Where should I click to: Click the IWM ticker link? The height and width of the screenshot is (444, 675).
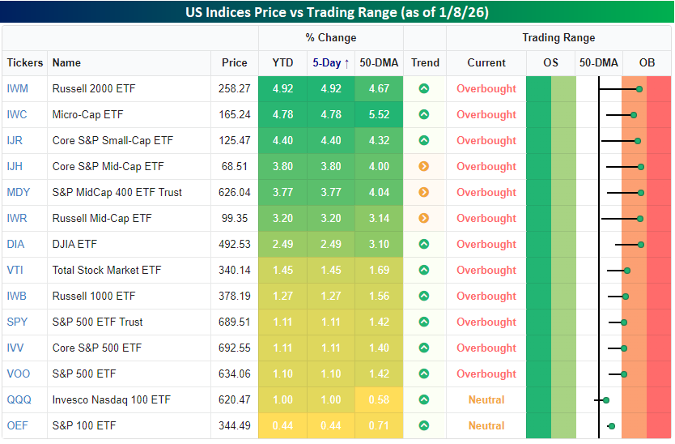coord(17,88)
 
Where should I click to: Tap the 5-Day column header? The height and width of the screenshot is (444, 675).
coord(330,62)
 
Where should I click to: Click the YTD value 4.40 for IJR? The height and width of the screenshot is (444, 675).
coord(282,140)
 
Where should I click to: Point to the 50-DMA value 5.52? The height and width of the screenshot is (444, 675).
coord(379,114)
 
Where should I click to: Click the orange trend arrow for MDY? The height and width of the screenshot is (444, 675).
coord(423,192)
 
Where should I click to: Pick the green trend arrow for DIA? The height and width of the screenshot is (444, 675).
coord(423,244)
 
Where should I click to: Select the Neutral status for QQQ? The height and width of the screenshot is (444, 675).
coord(486,399)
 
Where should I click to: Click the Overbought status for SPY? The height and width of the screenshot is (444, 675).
coord(486,322)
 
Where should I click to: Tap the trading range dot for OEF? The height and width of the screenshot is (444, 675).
coord(612,425)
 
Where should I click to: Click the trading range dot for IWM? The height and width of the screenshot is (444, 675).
coord(639,89)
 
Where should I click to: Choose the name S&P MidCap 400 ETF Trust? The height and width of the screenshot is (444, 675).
coord(117,192)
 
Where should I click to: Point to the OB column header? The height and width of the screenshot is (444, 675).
coord(647,62)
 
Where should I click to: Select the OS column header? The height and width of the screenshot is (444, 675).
coord(550,62)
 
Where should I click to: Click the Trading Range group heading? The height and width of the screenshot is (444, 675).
coord(558,37)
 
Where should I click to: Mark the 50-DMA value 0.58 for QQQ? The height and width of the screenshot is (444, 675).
coord(379,399)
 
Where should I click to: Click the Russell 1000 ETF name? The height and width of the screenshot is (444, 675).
coord(94,296)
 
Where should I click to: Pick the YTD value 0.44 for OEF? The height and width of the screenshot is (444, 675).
coord(282,425)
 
